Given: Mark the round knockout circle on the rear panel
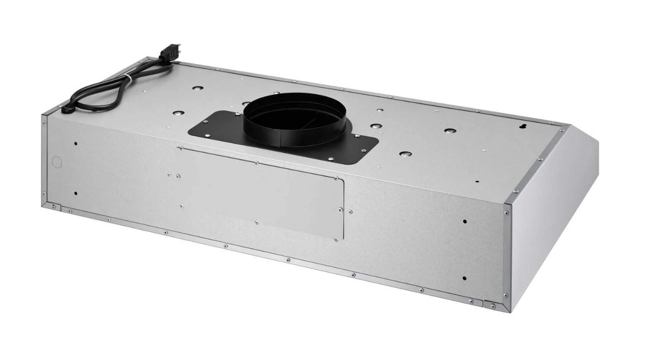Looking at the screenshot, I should tap(56, 161).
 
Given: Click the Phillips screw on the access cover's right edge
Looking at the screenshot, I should tap(340, 209).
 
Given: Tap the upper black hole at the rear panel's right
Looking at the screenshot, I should tap(464, 222).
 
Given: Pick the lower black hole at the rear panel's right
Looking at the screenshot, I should tap(464, 278).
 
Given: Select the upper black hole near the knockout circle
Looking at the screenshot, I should tap(76, 143).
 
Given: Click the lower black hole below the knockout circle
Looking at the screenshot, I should tap(76, 193).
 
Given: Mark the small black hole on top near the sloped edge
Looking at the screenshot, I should tap(477, 182).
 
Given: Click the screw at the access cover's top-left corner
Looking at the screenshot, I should tap(179, 149).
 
